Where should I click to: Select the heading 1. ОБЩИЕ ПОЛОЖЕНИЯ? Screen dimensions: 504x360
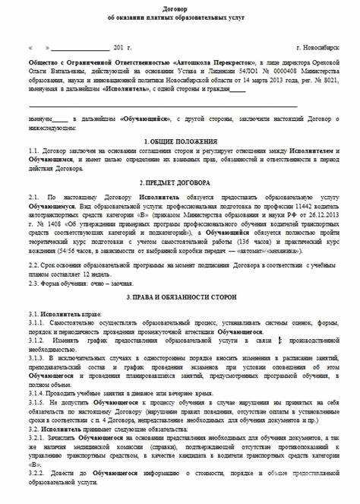point(179,142)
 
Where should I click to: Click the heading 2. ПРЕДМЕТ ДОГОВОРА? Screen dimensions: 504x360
point(179,183)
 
